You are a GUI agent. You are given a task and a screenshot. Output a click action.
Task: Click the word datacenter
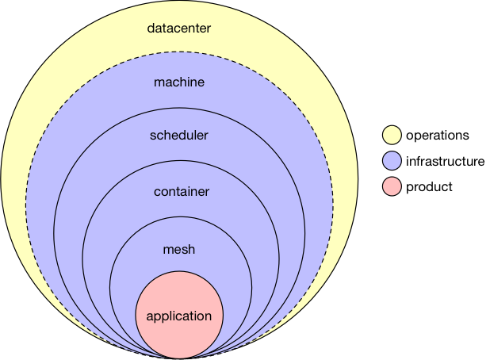(x=179, y=29)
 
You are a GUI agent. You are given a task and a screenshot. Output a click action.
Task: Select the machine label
(x=179, y=82)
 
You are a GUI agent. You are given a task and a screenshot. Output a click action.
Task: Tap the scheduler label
(x=179, y=135)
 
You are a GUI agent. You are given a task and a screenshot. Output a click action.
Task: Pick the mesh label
(x=179, y=250)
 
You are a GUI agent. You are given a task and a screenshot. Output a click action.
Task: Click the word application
(x=179, y=316)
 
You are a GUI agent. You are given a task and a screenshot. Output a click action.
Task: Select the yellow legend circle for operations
(x=391, y=136)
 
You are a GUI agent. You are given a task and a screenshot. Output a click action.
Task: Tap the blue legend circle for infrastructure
(x=391, y=162)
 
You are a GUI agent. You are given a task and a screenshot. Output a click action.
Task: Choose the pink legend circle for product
(x=391, y=187)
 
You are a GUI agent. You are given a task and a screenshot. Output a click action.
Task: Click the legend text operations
(x=437, y=136)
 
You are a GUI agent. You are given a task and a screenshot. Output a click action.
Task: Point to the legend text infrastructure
(x=445, y=162)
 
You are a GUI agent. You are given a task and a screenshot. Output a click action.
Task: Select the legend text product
(x=429, y=187)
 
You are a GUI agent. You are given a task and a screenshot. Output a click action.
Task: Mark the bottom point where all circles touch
(x=179, y=358)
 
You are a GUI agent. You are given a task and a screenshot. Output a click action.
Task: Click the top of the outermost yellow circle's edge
(x=179, y=2)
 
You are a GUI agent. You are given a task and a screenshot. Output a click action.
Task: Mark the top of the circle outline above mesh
(x=179, y=218)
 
